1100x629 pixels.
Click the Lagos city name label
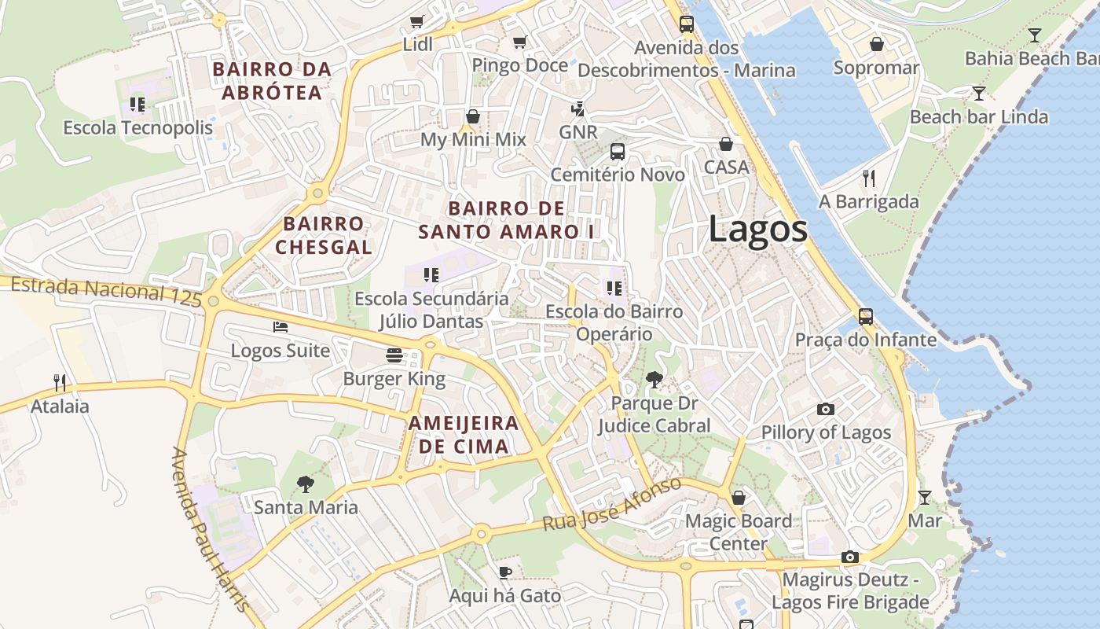[757, 230]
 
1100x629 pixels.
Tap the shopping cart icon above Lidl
[417, 21]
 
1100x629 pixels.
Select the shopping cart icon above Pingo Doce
[519, 42]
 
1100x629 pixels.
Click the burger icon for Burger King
[394, 355]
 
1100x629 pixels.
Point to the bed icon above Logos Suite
[280, 327]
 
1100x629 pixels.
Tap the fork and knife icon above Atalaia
[60, 383]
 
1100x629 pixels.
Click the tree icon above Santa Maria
[306, 484]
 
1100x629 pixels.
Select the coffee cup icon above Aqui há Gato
[505, 572]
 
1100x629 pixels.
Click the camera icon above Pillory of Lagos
[825, 409]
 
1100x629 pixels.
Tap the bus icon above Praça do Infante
[866, 316]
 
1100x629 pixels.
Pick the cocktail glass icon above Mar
[925, 497]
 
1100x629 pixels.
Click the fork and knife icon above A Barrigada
[868, 178]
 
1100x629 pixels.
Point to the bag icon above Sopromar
[876, 44]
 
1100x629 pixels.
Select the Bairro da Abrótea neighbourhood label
[272, 81]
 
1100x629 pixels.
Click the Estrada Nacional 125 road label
[106, 291]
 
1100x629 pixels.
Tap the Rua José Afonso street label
[612, 503]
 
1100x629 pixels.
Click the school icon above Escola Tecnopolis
[137, 104]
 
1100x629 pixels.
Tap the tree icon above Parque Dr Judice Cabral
[654, 381]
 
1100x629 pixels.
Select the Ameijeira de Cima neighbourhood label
[464, 435]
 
